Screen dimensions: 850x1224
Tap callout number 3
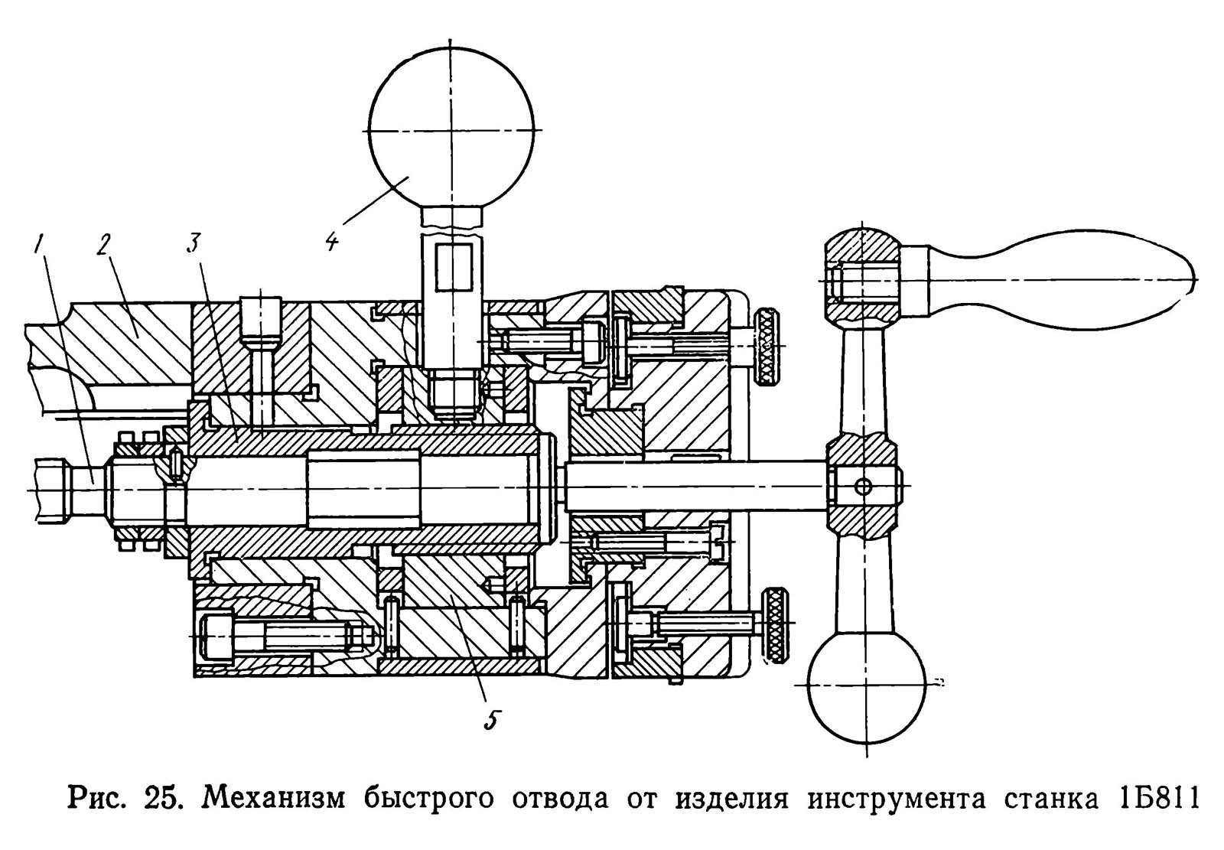pos(193,243)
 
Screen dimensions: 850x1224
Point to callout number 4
pos(331,239)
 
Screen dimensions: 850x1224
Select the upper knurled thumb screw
pos(767,348)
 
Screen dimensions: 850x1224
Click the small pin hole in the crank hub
pos(863,486)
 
